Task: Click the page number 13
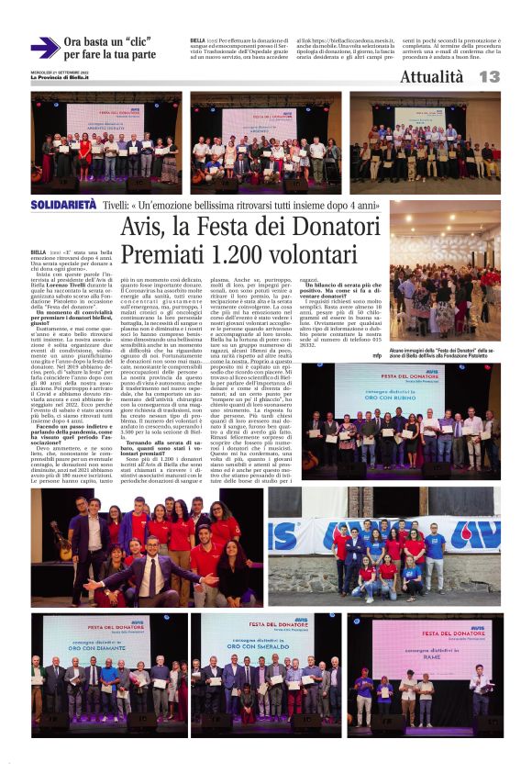pos(489,77)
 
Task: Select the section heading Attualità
pos(431,77)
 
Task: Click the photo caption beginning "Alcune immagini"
pos(444,353)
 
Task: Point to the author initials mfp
pos(377,354)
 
